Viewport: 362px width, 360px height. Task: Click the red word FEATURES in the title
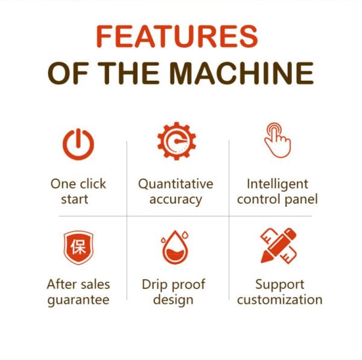coord(177,36)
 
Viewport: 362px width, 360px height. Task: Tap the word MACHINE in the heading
coord(241,73)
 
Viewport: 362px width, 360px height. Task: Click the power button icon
coord(78,144)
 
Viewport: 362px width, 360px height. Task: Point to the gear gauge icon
coord(177,141)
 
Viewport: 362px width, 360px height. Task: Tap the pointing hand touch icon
coord(278,141)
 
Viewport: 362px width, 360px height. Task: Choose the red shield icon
coord(78,247)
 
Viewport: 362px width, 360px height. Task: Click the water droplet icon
coord(175,247)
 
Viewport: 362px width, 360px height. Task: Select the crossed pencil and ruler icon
coord(278,246)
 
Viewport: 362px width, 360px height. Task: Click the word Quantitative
coord(176,185)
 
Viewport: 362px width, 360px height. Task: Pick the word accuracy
coord(176,200)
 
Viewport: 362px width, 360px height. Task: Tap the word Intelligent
coord(278,185)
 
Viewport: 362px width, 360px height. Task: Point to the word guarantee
coord(78,300)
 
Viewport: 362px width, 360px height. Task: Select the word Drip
coord(154,285)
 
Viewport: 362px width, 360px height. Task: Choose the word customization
coord(280,300)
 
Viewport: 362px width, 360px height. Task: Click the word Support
coord(280,285)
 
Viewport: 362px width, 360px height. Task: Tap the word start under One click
coord(75,200)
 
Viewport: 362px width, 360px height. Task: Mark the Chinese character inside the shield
coord(78,247)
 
